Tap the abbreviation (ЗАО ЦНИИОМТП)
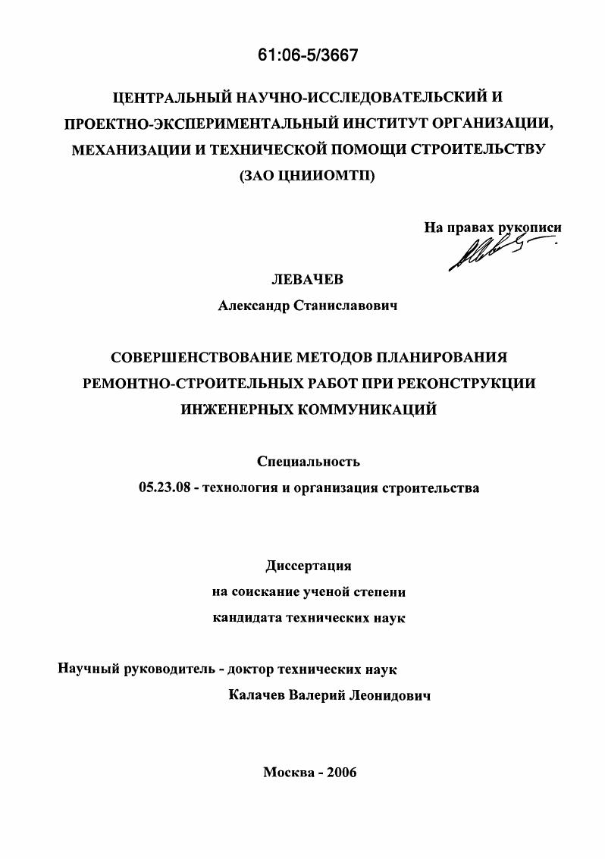click(307, 175)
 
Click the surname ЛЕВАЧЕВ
click(308, 280)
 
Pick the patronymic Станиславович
click(350, 306)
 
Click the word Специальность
click(309, 462)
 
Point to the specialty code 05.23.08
click(162, 488)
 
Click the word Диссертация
click(309, 566)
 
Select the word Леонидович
click(391, 696)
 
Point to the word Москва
click(287, 772)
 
